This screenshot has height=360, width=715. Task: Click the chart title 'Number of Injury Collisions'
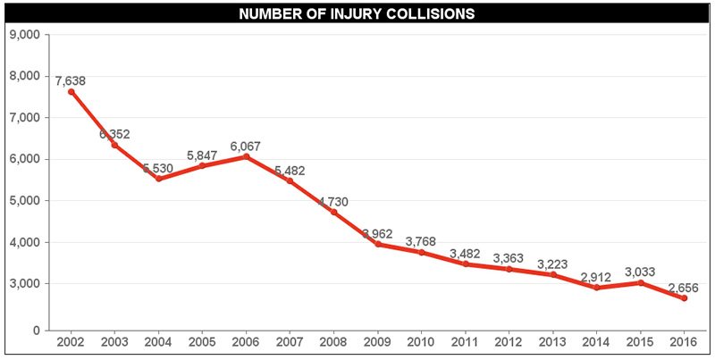[x=357, y=13]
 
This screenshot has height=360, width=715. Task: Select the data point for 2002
[x=71, y=91]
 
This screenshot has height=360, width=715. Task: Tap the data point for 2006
[x=246, y=156]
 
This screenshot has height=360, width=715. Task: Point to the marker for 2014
[x=596, y=288]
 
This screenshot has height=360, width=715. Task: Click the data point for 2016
[x=684, y=298]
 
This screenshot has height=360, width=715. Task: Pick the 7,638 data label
[x=71, y=81]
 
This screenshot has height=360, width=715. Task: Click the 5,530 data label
[x=158, y=169]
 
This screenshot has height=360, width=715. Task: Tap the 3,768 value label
[x=421, y=242]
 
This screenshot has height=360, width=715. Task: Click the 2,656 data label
[x=684, y=289]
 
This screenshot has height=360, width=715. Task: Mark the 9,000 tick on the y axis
[x=24, y=35]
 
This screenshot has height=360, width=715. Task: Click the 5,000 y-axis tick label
[x=24, y=201]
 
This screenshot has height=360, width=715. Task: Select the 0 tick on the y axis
[x=35, y=330]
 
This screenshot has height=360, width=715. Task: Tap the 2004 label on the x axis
[x=158, y=342]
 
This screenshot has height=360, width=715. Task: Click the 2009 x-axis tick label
[x=377, y=342]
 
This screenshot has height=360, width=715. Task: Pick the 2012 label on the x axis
[x=509, y=342]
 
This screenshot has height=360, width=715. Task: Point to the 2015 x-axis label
[x=640, y=342]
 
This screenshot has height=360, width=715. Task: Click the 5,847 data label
[x=202, y=155]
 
